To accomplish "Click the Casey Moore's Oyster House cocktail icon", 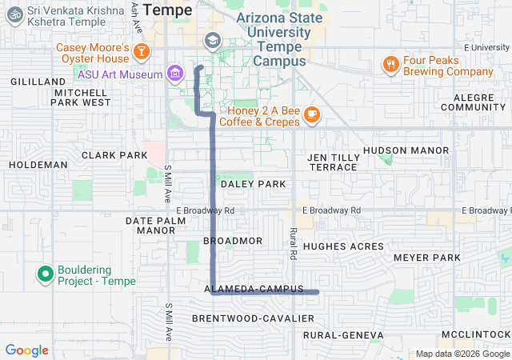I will coord(141,52).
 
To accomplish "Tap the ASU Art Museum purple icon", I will coord(175,74).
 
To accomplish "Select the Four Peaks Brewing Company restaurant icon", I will coord(390,65).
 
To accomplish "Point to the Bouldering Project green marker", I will coord(45,274).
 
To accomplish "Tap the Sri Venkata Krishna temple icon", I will coord(14,15).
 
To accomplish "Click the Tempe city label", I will coord(167,10).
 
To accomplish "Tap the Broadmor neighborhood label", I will coord(233,241).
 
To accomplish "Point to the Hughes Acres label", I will coord(343,246).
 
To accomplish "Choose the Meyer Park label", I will coord(427,258).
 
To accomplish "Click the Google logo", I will coord(27,350).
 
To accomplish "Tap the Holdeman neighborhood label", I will coord(38,165).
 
